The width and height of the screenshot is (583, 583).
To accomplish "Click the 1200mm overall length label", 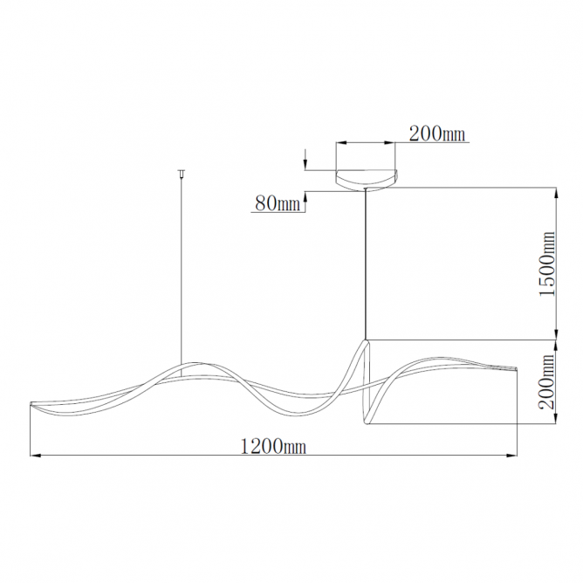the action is [273, 446].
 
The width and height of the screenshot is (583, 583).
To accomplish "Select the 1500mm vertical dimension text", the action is [547, 264].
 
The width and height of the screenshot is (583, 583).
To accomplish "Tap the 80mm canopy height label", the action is [278, 203].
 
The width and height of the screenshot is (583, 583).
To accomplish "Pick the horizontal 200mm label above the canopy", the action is [437, 134].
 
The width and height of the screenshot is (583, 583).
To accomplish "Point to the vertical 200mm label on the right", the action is [547, 381].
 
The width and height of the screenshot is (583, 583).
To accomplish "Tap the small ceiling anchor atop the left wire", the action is [182, 173].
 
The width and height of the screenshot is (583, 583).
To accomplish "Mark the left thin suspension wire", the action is [182, 271].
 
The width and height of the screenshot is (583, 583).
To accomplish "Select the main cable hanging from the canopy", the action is [367, 264].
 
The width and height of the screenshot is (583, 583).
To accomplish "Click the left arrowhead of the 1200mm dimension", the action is [35, 455].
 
